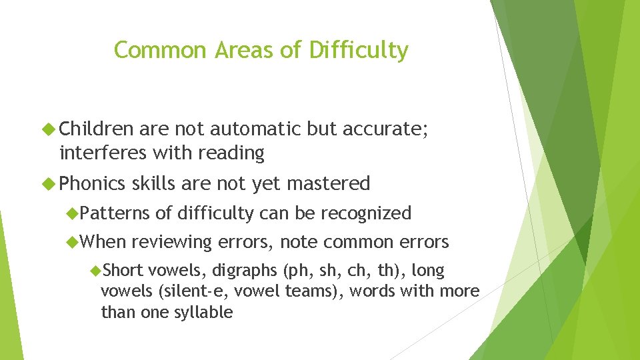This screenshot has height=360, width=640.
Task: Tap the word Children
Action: point(96,129)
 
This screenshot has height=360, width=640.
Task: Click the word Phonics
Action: point(93,183)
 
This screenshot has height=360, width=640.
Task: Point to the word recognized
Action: point(366,213)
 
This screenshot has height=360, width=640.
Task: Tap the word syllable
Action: point(203,312)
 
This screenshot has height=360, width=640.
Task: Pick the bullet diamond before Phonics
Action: point(49,183)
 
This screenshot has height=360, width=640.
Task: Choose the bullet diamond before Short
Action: point(95,271)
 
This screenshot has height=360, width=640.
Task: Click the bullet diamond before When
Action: point(73,242)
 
